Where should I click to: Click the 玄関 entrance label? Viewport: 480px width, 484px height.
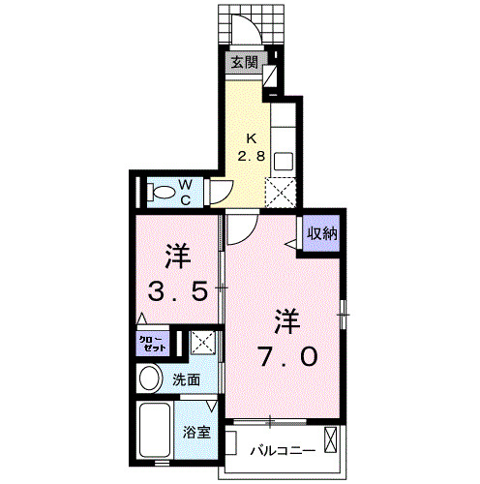(x=244, y=63)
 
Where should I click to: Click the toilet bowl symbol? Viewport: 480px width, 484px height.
(x=159, y=192)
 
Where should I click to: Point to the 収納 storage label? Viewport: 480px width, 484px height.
(x=323, y=233)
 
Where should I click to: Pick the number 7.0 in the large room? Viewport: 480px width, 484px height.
(x=285, y=355)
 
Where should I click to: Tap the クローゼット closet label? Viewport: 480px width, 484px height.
(x=151, y=343)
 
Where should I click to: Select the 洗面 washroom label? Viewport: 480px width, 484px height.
(x=187, y=380)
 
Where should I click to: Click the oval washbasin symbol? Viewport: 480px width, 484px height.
(x=149, y=378)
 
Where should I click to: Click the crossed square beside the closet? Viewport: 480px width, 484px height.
(x=203, y=342)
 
